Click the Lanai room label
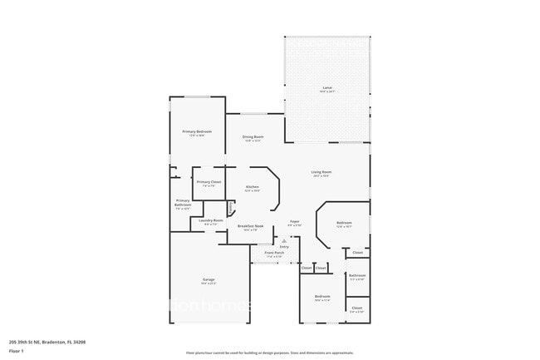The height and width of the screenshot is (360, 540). coord(326,88)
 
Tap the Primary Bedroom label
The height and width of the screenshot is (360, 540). coord(197,132)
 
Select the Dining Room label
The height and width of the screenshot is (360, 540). coord(253,137)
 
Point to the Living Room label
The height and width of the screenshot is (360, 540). coord(321,173)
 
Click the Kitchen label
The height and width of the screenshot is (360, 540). coord(253,188)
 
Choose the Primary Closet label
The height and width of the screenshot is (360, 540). coord(209,182)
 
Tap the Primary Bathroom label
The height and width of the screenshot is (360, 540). coord(183,203)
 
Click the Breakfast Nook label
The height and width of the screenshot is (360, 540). coord(250,226)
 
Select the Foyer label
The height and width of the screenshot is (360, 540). coord(294,222)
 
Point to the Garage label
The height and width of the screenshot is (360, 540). coord(209,279)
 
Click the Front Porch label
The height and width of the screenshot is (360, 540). coord(274,253)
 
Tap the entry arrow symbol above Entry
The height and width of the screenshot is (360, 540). coord(284,239)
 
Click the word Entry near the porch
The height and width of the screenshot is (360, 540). coord(284,246)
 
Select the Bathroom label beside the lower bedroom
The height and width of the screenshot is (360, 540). coord(357,275)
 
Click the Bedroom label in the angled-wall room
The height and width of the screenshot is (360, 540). coord(344,223)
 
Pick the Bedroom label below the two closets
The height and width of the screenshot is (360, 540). coord(322,297)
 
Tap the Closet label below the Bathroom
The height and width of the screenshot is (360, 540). coord(356,308)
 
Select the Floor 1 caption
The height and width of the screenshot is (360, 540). coord(16,352)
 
